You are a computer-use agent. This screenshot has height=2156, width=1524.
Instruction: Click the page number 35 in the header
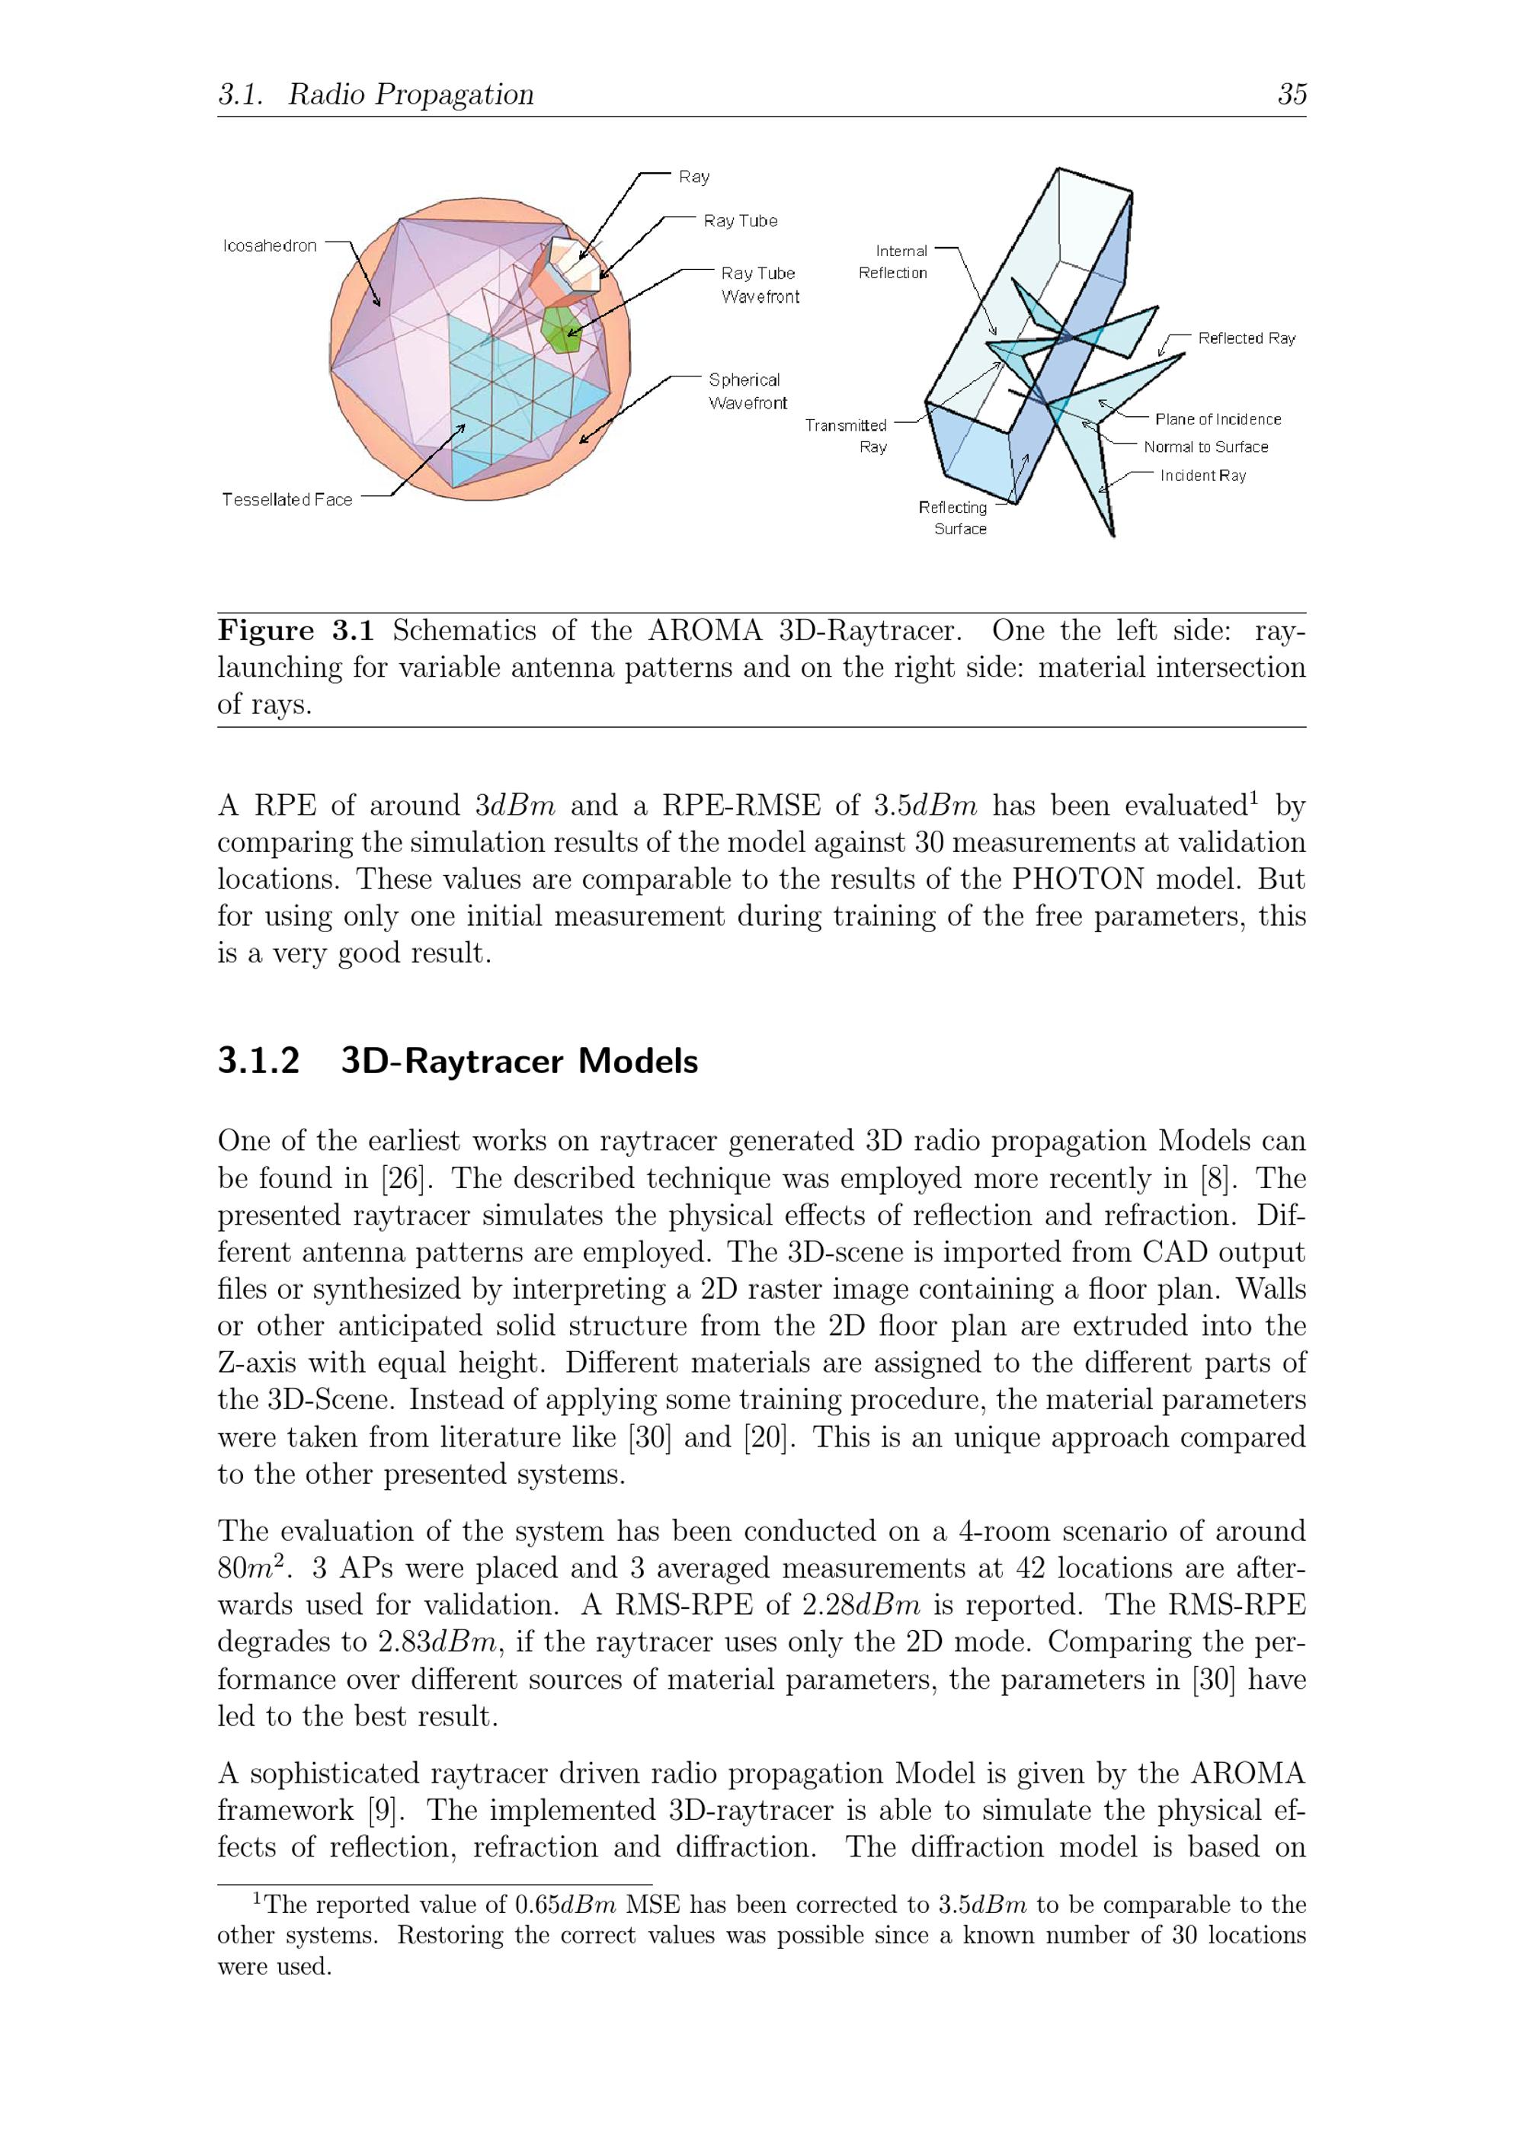click(1291, 94)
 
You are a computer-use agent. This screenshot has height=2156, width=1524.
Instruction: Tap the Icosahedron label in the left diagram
click(270, 246)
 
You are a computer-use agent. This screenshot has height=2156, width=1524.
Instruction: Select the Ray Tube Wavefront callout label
click(760, 284)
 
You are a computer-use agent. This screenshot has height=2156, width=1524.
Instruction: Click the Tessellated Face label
click(287, 500)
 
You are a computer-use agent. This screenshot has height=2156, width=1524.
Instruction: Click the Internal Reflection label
click(893, 262)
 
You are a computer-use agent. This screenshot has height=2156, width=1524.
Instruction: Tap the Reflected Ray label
click(1246, 338)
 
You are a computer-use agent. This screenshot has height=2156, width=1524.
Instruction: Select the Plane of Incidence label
click(1217, 419)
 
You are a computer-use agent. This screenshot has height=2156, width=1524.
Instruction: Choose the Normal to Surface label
click(1205, 447)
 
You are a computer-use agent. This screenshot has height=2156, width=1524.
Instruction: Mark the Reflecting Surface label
click(954, 517)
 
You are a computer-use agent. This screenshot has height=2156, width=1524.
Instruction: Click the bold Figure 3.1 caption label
click(296, 630)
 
